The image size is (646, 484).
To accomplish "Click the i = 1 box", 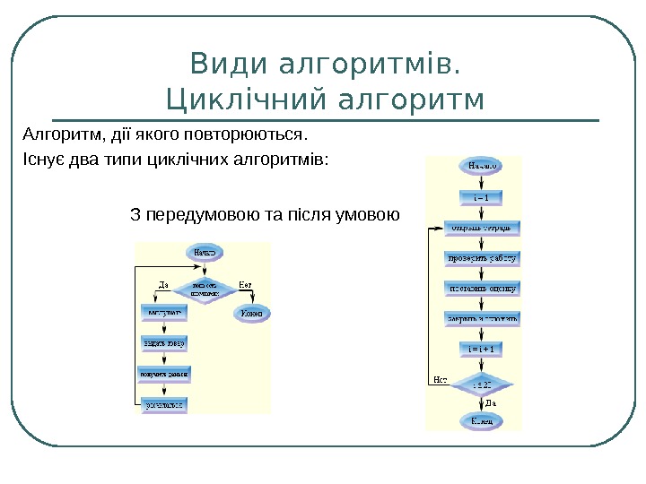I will click(x=480, y=196).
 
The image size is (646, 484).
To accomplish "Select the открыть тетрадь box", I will click(x=481, y=228).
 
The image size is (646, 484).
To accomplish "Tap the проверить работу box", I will click(x=482, y=258).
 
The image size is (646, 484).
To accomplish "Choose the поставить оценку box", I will click(x=482, y=289).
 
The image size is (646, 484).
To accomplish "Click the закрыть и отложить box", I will click(x=482, y=318).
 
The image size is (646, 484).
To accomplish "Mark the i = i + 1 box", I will click(x=482, y=348).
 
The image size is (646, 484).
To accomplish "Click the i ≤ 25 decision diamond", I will click(x=482, y=384).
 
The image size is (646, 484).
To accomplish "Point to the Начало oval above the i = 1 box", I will click(x=480, y=166).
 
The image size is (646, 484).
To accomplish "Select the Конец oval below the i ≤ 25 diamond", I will click(x=480, y=419).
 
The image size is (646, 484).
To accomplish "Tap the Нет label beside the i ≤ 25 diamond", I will click(x=441, y=379).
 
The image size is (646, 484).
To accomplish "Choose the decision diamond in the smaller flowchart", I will click(x=205, y=290).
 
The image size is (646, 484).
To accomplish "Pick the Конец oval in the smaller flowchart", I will click(x=252, y=314).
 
